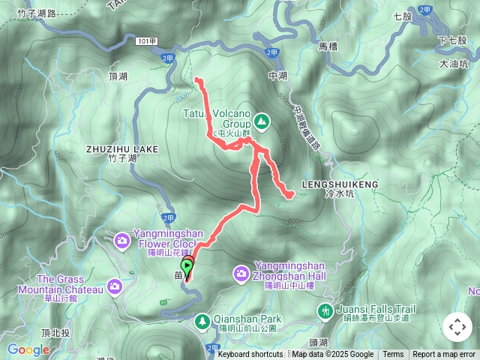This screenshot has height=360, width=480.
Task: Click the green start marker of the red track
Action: click(x=187, y=265)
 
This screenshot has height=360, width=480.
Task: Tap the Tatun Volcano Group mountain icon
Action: click(x=262, y=120)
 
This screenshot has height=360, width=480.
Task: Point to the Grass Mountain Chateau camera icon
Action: click(x=114, y=286)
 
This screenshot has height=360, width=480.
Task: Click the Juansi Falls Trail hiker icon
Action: click(x=325, y=310)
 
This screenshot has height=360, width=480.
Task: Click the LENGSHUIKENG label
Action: click(x=340, y=184)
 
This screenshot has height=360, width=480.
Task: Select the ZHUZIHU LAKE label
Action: click(x=122, y=149)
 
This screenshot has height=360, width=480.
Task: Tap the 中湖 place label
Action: click(x=277, y=76)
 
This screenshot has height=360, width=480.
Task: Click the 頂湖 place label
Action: click(x=118, y=76)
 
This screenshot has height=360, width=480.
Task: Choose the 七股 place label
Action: click(x=403, y=16)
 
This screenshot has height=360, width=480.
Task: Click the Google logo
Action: click(x=28, y=349)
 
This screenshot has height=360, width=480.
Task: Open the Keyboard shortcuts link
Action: click(x=250, y=355)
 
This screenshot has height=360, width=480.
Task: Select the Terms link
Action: click(x=393, y=355)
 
